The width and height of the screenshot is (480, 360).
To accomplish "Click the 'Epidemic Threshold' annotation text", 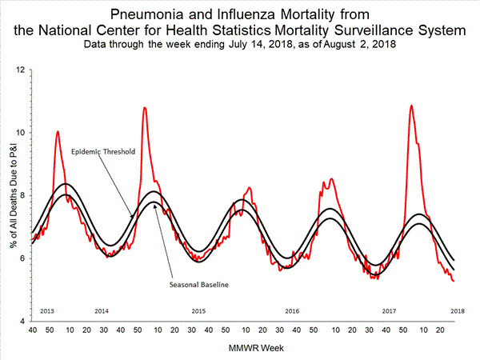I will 102,151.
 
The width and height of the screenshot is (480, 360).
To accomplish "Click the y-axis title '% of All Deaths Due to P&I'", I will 10,195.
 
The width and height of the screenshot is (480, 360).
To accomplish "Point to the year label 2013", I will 46,310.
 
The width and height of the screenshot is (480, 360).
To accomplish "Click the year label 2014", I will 102,310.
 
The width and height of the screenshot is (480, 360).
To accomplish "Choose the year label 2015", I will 198,310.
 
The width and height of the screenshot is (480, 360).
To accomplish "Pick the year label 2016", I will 293,310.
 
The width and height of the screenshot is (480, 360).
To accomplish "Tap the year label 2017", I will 389,310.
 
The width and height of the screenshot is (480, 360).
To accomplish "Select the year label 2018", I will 458,310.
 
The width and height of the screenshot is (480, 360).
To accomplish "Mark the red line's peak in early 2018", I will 411,106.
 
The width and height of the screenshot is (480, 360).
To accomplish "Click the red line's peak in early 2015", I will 144,107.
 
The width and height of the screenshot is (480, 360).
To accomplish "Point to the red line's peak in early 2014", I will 58,131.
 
